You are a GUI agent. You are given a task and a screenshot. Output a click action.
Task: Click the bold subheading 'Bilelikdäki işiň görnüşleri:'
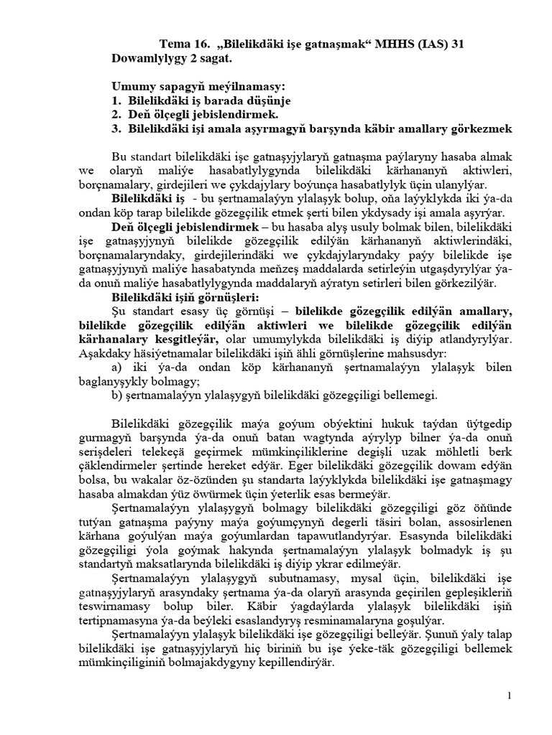coord(179,296)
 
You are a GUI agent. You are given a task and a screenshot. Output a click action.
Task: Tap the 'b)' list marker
coord(118,393)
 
